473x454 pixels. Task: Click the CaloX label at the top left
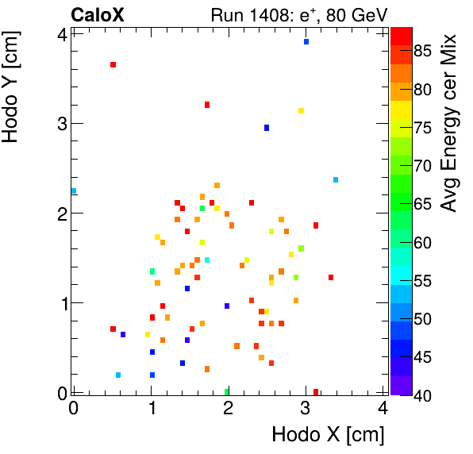[98, 14]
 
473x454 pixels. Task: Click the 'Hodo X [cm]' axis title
[328, 435]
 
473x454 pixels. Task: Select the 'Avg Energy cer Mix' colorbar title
[450, 123]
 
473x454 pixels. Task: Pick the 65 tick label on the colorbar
[429, 205]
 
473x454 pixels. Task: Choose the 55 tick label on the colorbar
[429, 281]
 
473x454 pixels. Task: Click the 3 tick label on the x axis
[306, 409]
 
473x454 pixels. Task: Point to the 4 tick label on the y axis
[60, 33]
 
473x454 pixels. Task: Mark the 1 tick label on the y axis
[60, 303]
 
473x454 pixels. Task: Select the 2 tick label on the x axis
[228, 409]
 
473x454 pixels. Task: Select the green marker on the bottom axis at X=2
[227, 391]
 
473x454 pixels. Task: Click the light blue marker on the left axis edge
[74, 191]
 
